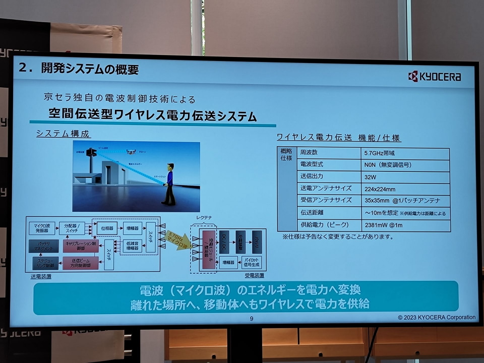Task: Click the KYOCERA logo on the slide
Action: pos(434,77)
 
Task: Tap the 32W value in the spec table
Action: pos(371,177)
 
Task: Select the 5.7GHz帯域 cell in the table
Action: pos(378,153)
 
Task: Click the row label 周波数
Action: pos(309,152)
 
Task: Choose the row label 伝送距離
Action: pos(313,213)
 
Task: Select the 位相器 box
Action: pos(106,228)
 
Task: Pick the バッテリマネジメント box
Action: pos(44,246)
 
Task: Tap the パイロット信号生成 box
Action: pos(253,262)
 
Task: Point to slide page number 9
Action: pos(252,318)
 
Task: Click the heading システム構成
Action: pos(63,134)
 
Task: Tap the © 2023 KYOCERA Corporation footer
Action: pos(436,318)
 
